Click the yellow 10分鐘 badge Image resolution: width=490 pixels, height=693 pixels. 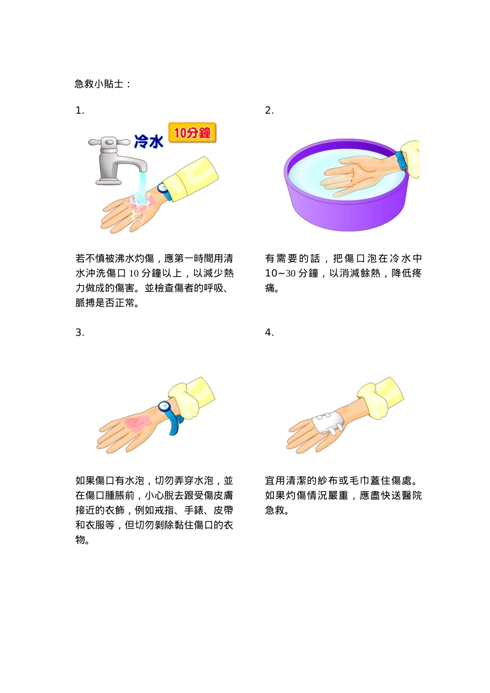[x=192, y=133]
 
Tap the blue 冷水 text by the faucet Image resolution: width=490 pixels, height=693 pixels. [x=149, y=141]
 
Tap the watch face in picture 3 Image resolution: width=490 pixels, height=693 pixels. [x=165, y=406]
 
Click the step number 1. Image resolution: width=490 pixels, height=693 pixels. [x=79, y=110]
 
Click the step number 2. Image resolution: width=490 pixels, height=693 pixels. [x=269, y=110]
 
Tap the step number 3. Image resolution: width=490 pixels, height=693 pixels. [x=79, y=333]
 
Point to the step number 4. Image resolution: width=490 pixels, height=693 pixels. [x=269, y=333]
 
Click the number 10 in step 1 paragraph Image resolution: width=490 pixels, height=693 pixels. [x=134, y=273]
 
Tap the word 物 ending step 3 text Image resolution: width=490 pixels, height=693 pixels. [x=80, y=540]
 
